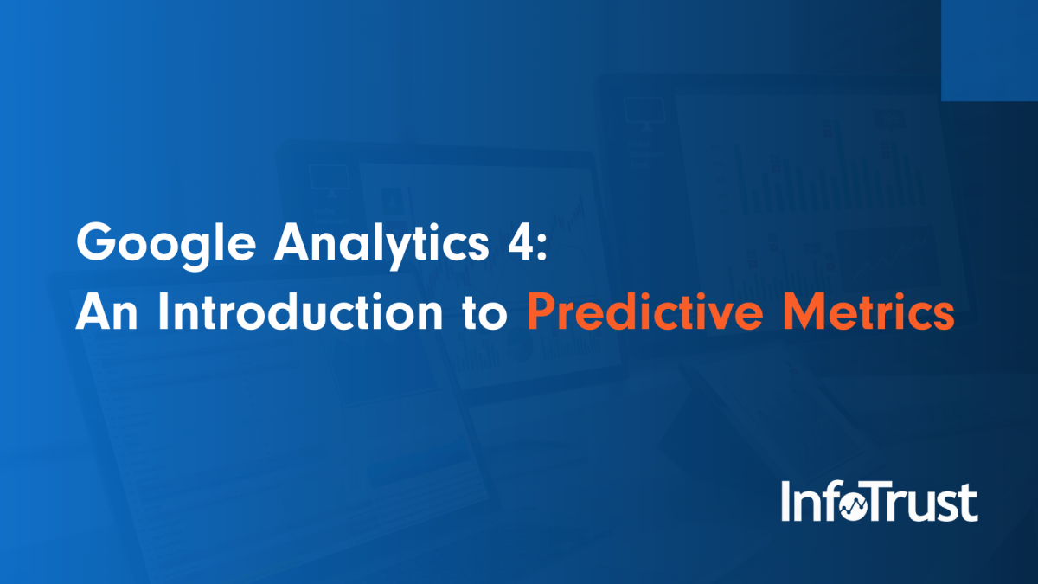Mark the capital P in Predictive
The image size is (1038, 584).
[541, 312]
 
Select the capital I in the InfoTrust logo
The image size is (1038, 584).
[786, 503]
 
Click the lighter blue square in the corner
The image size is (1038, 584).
[989, 50]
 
